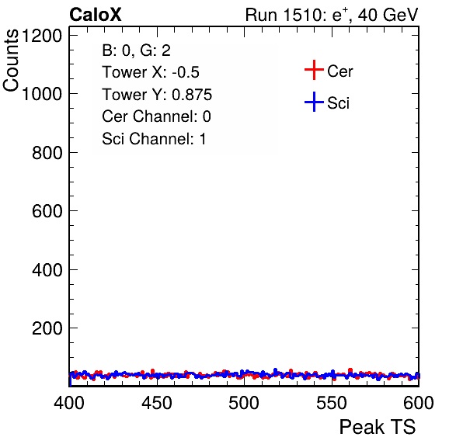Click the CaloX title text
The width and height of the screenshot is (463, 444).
pyautogui.click(x=96, y=15)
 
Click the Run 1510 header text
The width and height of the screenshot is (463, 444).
pyautogui.click(x=332, y=16)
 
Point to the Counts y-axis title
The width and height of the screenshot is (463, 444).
pyautogui.click(x=11, y=61)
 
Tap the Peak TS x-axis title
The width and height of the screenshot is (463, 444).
pyautogui.click(x=378, y=427)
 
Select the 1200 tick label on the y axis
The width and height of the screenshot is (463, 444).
pyautogui.click(x=42, y=36)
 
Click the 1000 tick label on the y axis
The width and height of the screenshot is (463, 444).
pyautogui.click(x=42, y=94)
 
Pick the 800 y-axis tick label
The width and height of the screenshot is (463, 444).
pyautogui.click(x=47, y=153)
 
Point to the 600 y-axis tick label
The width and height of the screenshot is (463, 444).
pyautogui.click(x=47, y=211)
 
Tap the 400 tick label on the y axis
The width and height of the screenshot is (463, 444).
pyautogui.click(x=47, y=269)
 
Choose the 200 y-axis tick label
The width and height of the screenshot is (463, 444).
pyautogui.click(x=47, y=328)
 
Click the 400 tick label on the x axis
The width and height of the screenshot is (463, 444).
pyautogui.click(x=69, y=403)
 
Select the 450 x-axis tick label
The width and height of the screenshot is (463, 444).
pyautogui.click(x=157, y=403)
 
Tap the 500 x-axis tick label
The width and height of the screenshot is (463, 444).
pyautogui.click(x=244, y=403)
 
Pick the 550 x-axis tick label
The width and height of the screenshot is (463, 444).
pyautogui.click(x=332, y=403)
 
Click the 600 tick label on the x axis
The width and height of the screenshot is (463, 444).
pyautogui.click(x=419, y=403)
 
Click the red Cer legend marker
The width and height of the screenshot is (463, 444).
pyautogui.click(x=314, y=70)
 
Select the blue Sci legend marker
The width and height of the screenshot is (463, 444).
pyautogui.click(x=314, y=102)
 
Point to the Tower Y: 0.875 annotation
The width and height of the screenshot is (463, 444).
pyautogui.click(x=157, y=95)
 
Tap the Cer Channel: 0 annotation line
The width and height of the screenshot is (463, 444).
pyautogui.click(x=156, y=116)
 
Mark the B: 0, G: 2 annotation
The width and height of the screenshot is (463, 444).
pyautogui.click(x=137, y=50)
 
